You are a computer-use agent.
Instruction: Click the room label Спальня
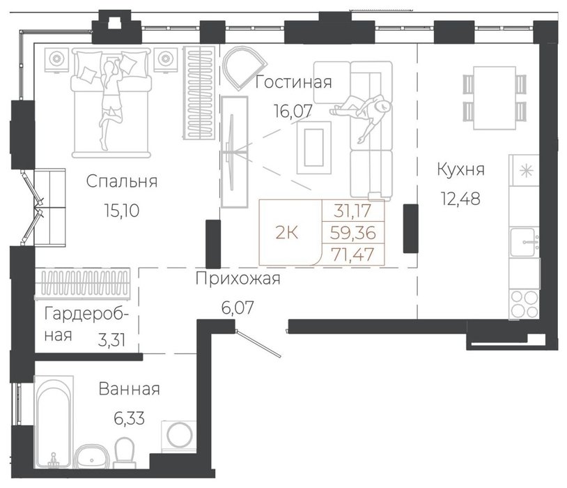122,182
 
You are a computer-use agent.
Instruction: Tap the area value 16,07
293,111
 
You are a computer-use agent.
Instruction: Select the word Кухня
460,169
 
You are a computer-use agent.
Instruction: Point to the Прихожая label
238,279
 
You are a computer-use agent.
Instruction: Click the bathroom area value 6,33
129,418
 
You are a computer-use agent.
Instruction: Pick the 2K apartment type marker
287,233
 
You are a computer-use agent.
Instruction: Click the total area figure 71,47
353,254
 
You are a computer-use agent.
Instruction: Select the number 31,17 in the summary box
352,211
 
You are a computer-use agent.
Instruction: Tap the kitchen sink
525,242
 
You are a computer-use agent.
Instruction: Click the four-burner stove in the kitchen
524,304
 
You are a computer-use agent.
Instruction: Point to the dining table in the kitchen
495,98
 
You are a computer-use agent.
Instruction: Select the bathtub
54,422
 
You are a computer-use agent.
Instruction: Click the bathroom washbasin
91,457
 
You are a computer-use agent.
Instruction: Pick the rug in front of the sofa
314,147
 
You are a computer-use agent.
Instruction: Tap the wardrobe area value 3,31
111,340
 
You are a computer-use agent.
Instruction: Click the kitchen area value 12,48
460,199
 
